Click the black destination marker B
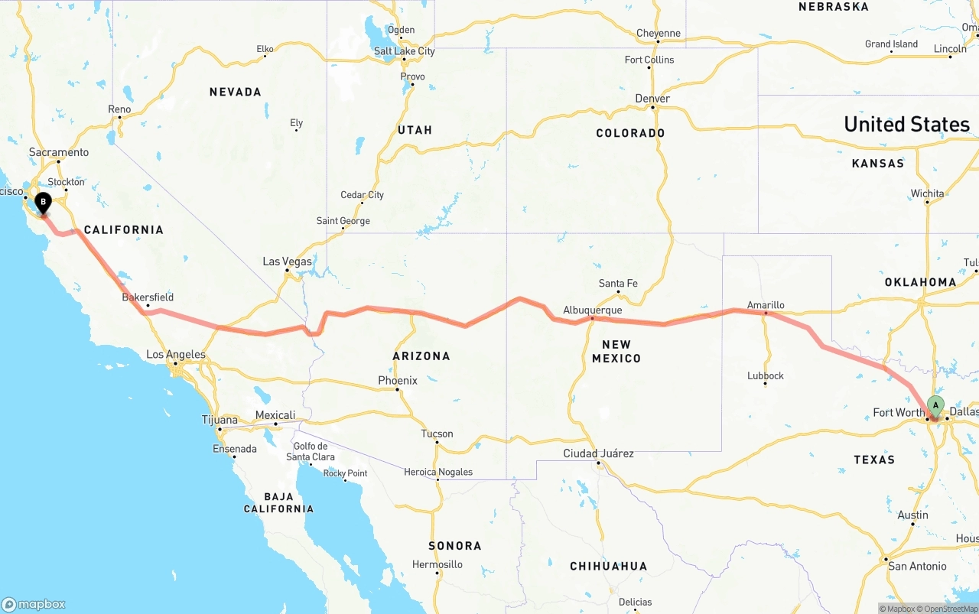pos(44,203)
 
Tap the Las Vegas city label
pos(287,262)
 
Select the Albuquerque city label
pos(592,310)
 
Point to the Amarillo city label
pos(766,305)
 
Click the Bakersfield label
pos(148,297)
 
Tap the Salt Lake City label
pos(404,51)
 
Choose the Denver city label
pos(652,99)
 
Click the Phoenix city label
pos(398,381)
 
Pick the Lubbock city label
pos(766,375)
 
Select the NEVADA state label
pos(236,92)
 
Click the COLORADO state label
pos(630,133)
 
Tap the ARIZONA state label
pos(421,356)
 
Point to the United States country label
pos(906,124)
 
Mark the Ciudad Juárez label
pos(598,453)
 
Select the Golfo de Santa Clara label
pos(311,452)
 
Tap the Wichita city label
pos(927,193)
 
